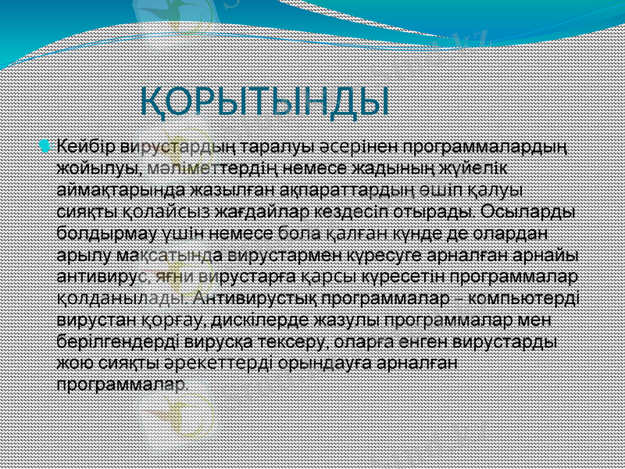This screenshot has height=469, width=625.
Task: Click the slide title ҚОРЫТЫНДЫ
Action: click(265, 101)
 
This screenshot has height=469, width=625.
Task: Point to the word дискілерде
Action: click(263, 320)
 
